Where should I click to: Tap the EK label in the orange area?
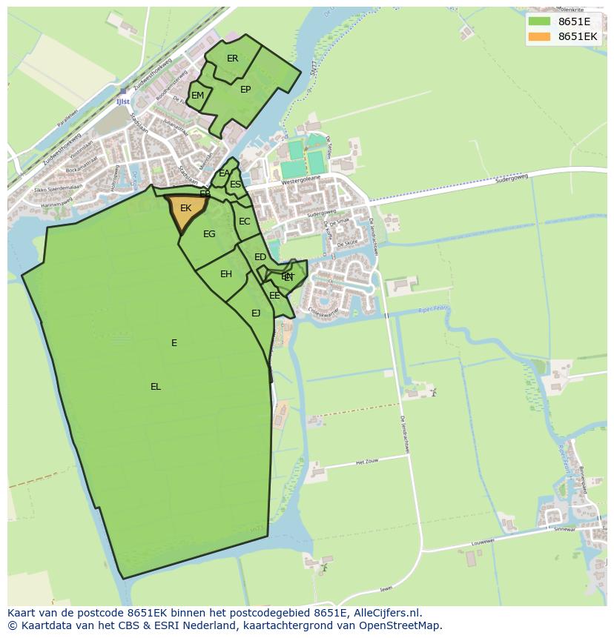pos(185,208)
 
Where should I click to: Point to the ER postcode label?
pos(232,59)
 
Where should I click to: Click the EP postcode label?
pos(245,90)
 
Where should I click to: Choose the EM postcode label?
pos(197,96)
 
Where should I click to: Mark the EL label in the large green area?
pos(156,387)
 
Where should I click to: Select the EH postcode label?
pos(226,274)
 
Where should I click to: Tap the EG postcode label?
pos(209,234)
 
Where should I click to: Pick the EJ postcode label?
pos(256,313)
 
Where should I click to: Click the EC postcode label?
pos(244,222)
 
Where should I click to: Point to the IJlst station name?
pos(122,102)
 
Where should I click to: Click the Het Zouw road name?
pos(367,462)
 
